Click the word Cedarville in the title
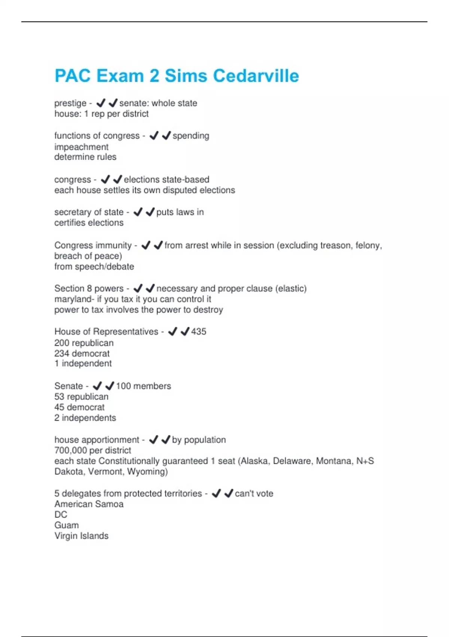click(256, 76)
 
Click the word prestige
click(70, 103)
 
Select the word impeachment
click(81, 147)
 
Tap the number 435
click(199, 332)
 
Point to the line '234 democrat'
click(82, 353)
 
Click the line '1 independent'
click(83, 363)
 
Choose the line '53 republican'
click(81, 397)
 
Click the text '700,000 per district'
click(93, 450)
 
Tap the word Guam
click(67, 525)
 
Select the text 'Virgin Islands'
click(81, 536)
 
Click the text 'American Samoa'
click(89, 504)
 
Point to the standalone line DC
click(61, 514)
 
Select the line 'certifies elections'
click(89, 223)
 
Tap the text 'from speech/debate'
click(94, 267)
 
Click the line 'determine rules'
click(85, 157)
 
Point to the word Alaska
click(254, 461)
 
